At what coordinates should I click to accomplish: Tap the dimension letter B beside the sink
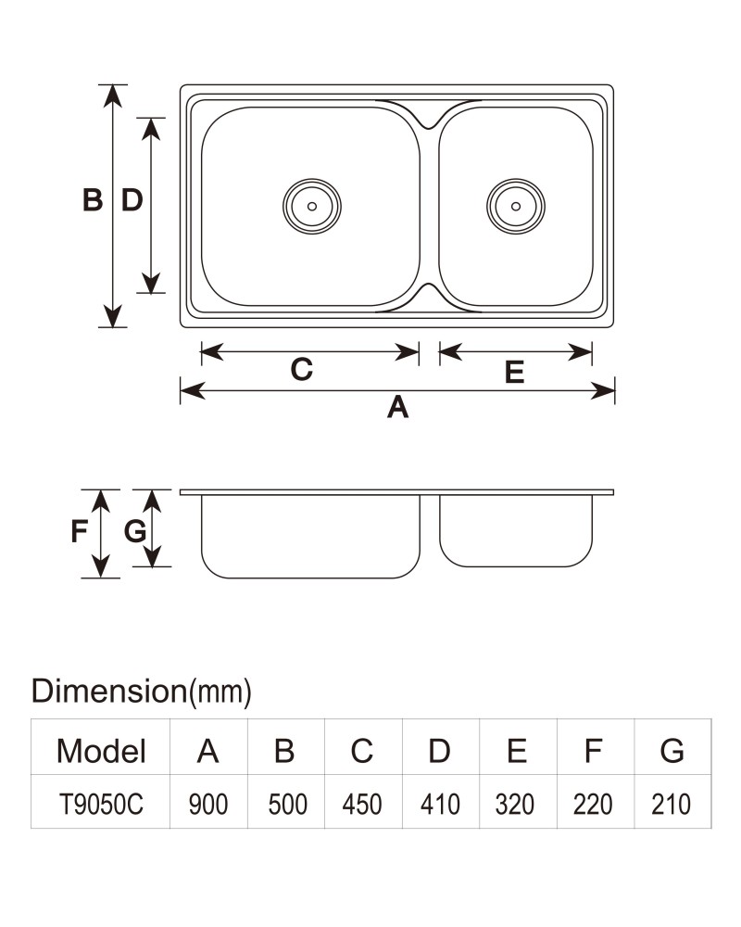[93, 200]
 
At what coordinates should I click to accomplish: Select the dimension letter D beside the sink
[132, 200]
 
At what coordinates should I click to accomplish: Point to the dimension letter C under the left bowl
[301, 370]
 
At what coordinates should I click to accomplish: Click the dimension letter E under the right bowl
[514, 372]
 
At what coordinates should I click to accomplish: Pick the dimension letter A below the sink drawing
[397, 407]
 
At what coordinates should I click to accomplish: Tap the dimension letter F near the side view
[79, 531]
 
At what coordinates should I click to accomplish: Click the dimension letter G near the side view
[134, 531]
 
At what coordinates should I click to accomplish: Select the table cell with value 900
[208, 804]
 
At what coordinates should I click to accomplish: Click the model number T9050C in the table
[101, 804]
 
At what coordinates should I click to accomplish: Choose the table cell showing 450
[362, 804]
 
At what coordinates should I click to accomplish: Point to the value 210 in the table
[671, 804]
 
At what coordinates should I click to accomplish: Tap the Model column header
[101, 751]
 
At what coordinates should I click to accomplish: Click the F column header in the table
[593, 751]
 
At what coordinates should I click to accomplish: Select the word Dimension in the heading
[108, 691]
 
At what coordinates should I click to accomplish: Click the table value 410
[440, 804]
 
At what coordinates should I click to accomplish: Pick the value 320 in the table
[515, 804]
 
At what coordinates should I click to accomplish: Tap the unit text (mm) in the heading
[220, 692]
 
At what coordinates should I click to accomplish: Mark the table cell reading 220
[593, 804]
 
